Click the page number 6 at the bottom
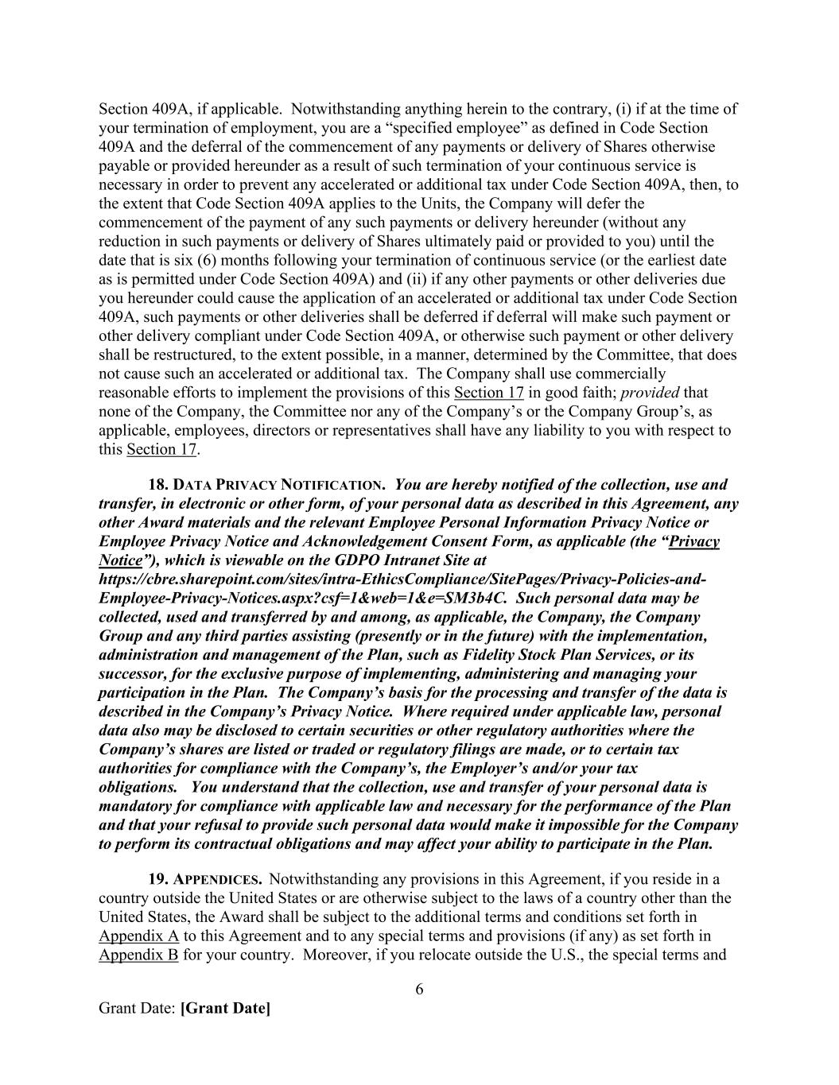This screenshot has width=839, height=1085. pos(419,990)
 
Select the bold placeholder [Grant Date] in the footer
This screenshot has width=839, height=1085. pos(225,1009)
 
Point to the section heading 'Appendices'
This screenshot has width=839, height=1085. pos(217,880)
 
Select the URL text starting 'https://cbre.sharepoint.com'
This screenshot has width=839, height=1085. pos(402,579)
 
